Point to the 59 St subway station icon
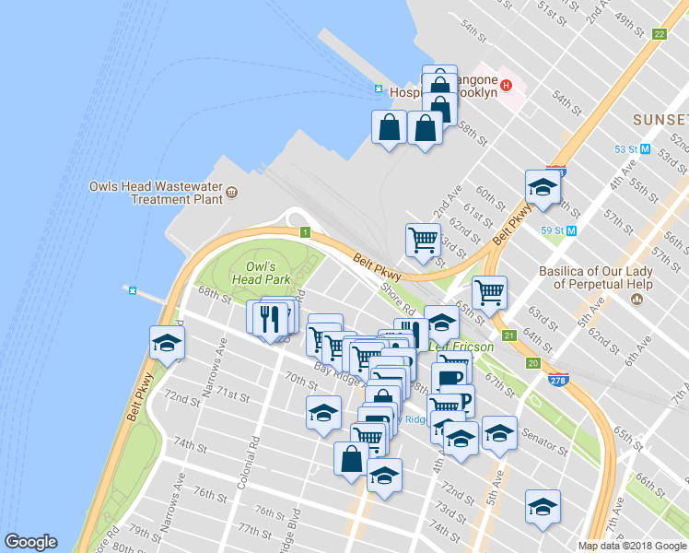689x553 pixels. click(572, 229)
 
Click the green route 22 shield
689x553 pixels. click(659, 34)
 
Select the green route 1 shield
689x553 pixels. click(304, 232)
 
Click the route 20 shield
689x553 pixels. click(533, 363)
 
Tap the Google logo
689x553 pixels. click(30, 542)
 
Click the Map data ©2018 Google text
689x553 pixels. click(632, 546)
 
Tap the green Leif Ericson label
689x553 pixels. click(461, 347)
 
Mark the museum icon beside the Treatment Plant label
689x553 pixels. click(231, 193)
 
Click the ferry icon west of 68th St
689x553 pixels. click(133, 291)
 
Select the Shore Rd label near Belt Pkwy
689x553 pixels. click(399, 299)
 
